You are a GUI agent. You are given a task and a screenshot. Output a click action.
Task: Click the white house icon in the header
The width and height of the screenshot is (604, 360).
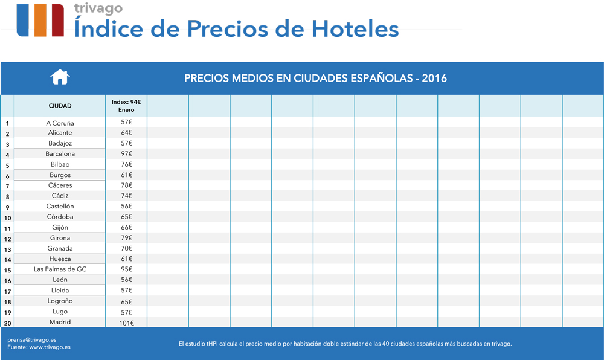[x=60, y=77]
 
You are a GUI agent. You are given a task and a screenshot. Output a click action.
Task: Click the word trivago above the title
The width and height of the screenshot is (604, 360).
[x=98, y=8]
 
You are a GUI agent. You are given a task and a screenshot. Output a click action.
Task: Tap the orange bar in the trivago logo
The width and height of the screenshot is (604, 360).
[x=40, y=20]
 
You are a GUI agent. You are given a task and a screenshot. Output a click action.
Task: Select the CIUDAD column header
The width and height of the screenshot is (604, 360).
[x=60, y=106]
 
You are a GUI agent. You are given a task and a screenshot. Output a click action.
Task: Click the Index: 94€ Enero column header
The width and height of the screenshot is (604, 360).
[x=126, y=106]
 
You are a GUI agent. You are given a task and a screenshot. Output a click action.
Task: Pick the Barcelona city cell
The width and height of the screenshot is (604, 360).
[x=60, y=154]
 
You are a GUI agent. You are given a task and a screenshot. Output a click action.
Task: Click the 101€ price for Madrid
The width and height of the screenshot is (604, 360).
[x=126, y=323]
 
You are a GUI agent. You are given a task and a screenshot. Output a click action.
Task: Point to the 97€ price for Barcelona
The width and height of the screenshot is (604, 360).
[x=126, y=154]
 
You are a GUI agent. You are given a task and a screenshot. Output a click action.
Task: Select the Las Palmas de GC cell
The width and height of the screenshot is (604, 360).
[x=60, y=269]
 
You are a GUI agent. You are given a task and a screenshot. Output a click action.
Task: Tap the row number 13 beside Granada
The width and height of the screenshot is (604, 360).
[x=7, y=249]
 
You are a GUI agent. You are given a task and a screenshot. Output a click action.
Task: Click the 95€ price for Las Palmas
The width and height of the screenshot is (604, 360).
[x=126, y=269]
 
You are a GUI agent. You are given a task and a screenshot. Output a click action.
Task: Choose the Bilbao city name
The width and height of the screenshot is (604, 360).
[x=60, y=164]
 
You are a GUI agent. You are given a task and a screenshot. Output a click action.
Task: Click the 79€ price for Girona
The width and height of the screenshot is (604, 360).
[x=126, y=238]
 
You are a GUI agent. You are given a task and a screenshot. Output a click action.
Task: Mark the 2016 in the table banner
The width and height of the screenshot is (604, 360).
[x=434, y=79]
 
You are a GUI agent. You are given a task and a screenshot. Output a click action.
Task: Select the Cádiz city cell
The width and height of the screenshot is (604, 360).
[x=60, y=196]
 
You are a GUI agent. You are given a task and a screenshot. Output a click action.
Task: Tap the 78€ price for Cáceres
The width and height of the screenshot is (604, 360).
[x=126, y=185]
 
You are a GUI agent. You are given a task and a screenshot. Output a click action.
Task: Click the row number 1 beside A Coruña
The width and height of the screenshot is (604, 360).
[x=7, y=124]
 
